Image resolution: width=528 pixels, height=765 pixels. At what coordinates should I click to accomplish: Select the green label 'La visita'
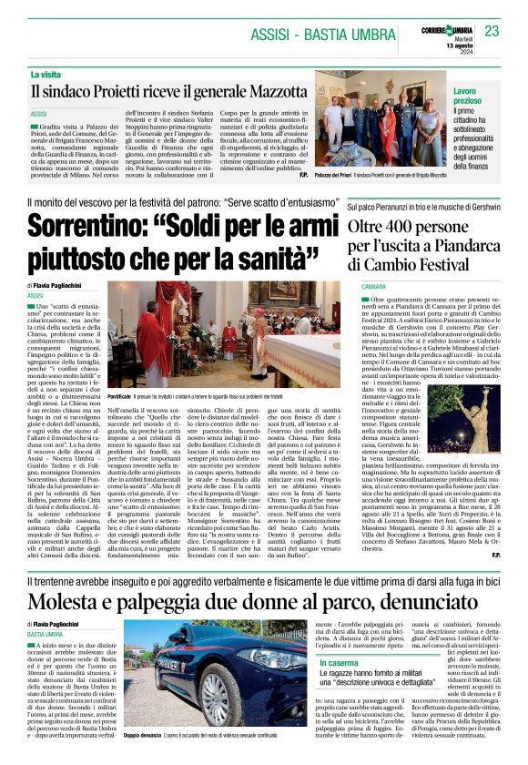46,75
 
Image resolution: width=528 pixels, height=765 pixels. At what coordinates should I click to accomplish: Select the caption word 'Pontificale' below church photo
119,398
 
